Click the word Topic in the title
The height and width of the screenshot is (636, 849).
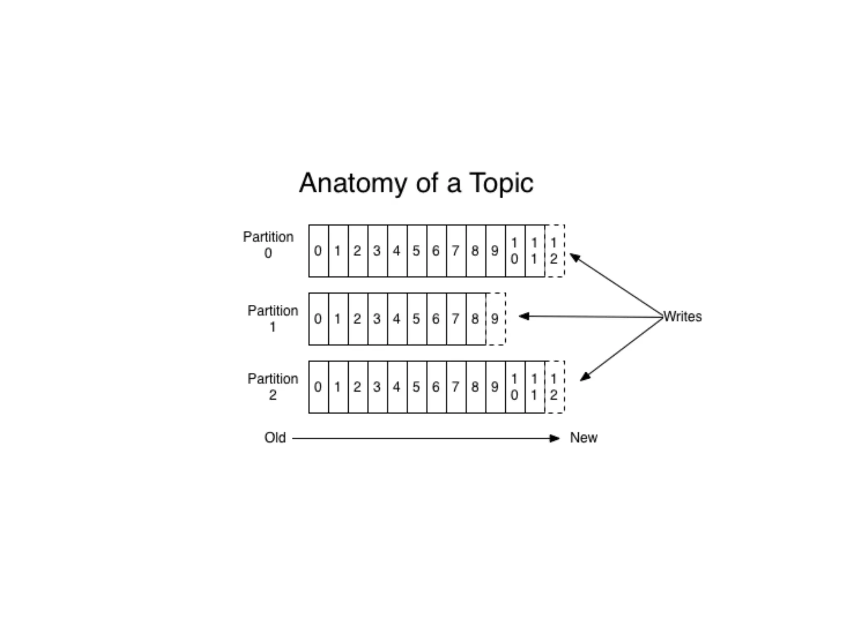(501, 183)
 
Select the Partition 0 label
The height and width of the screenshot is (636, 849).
(268, 245)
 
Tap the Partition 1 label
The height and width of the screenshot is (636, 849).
(272, 318)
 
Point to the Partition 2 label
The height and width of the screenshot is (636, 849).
(272, 386)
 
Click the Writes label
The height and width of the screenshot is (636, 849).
(682, 317)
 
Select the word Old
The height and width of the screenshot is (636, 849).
(275, 438)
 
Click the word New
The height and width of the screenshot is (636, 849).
(584, 438)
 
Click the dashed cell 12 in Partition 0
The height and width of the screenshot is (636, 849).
(554, 251)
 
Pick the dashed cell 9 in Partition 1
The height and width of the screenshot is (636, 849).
(495, 319)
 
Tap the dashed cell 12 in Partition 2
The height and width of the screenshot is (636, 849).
(554, 387)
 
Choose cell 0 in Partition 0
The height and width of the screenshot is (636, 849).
(318, 251)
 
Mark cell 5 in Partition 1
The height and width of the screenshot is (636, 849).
(417, 319)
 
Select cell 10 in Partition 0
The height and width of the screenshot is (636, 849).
(515, 251)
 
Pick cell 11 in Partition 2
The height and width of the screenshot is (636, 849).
(535, 387)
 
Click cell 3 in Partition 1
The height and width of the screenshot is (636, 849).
(377, 319)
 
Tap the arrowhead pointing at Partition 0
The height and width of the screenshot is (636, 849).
(575, 258)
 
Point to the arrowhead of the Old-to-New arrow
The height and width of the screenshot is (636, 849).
(555, 438)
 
